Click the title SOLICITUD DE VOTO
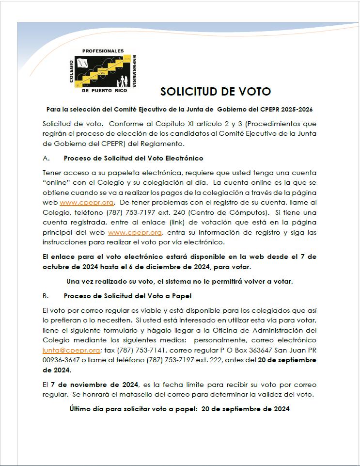tap(216, 92)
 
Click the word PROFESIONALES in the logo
tap(103, 51)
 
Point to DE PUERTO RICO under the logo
tap(103, 91)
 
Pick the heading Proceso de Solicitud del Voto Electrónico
tap(133, 158)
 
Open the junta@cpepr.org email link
tap(71, 350)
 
